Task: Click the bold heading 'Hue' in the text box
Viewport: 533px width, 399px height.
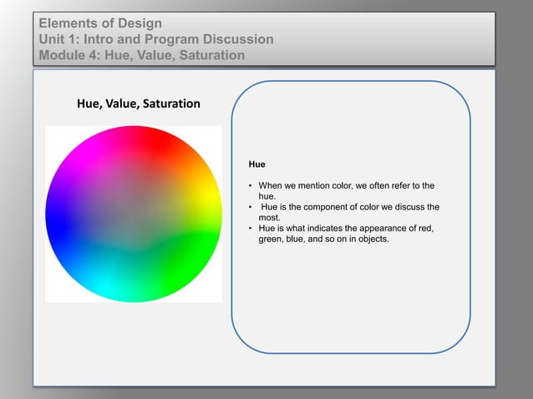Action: pos(257,165)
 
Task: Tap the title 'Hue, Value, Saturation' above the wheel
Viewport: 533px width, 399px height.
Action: pos(138,104)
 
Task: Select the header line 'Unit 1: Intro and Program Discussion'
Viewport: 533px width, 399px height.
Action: pos(156,39)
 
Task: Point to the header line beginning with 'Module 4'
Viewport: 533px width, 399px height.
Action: pos(141,56)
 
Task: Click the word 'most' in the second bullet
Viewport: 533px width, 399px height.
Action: pos(268,218)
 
